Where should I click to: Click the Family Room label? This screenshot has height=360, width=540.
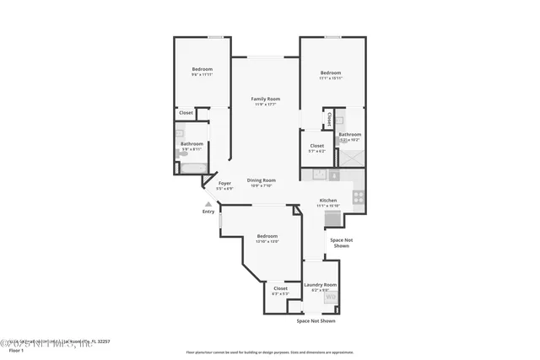point(265,99)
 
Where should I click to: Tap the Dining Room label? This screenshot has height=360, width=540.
point(262,180)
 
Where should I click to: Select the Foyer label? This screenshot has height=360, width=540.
point(224,183)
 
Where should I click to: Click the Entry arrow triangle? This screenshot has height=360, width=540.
point(208,203)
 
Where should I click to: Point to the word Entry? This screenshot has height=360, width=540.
point(208,212)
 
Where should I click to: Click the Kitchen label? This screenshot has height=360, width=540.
point(328,200)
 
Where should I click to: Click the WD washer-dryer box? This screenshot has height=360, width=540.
point(330,298)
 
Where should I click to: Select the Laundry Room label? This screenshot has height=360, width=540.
point(321,285)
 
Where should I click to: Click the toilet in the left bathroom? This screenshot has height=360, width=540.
point(183,153)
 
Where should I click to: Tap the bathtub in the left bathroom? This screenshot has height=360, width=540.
point(192,168)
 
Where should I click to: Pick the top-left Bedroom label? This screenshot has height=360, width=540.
point(202,69)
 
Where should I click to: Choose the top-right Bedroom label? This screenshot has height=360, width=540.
point(331,73)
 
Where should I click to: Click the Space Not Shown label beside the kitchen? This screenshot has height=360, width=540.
point(340,243)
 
